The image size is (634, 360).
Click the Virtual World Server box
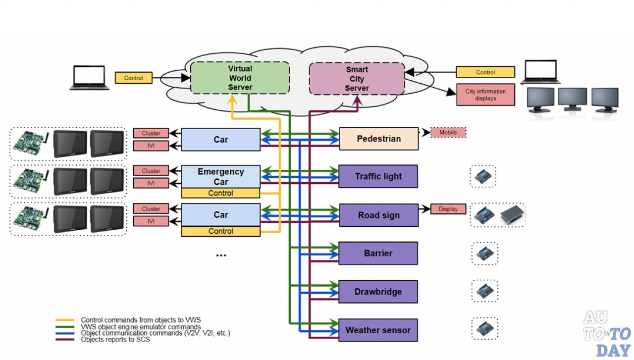240,78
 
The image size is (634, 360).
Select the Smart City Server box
357,79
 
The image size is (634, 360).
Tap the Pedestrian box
379,139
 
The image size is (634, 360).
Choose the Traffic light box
378,176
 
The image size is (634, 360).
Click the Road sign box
378,215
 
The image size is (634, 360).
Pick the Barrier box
378,253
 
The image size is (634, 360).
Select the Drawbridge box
378,292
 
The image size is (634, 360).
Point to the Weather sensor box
378,330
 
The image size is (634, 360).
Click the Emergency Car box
220,176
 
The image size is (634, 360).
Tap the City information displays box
485,95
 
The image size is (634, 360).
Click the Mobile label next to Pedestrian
448,133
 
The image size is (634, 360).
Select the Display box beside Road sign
448,209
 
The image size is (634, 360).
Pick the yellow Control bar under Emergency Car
220,193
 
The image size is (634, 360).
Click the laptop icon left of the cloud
89,78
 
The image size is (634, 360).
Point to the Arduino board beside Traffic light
483,177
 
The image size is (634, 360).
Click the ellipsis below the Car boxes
221,255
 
